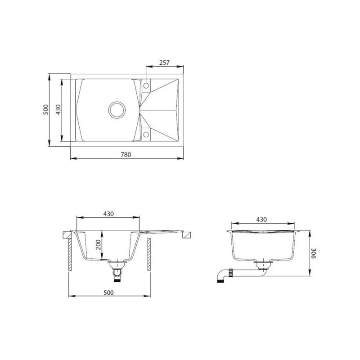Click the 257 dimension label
tap(164, 63)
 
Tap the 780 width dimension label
tap(126, 154)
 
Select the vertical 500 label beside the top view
tap(46, 110)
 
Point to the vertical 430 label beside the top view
tap(58, 110)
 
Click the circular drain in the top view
tap(117, 110)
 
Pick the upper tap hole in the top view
tap(146, 86)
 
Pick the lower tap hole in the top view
tap(146, 134)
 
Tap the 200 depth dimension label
tap(98, 245)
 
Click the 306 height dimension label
tap(313, 253)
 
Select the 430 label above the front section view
tap(108, 214)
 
